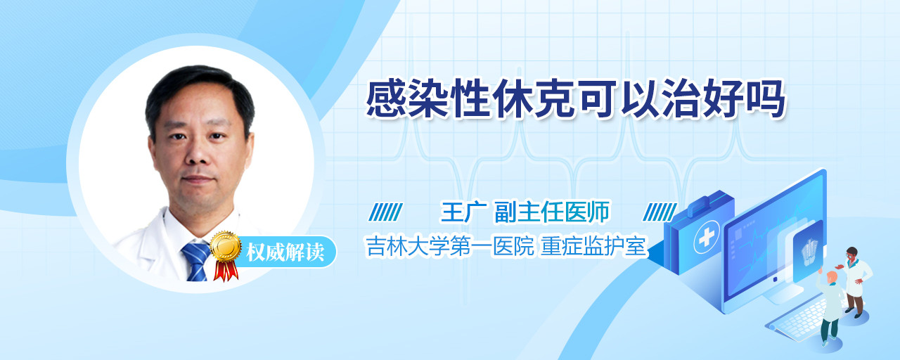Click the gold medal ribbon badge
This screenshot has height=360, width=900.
tap(226, 254)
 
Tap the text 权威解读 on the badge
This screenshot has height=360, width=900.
tap(285, 252)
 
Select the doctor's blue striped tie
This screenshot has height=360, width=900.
tap(196, 262)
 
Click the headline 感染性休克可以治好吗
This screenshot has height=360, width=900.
tap(576, 99)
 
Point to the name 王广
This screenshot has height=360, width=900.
tap(464, 212)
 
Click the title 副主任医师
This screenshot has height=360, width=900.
tap(552, 212)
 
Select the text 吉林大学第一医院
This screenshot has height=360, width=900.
tap(450, 246)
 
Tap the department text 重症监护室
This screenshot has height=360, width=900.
tap(593, 246)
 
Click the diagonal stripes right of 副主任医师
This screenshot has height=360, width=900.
tap(660, 212)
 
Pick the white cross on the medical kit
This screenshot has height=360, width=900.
tap(707, 238)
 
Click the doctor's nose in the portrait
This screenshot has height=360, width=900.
tap(198, 154)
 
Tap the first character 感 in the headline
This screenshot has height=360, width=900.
tap(386, 99)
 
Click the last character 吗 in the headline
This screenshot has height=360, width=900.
tap(766, 99)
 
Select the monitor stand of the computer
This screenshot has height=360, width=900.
tap(783, 295)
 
